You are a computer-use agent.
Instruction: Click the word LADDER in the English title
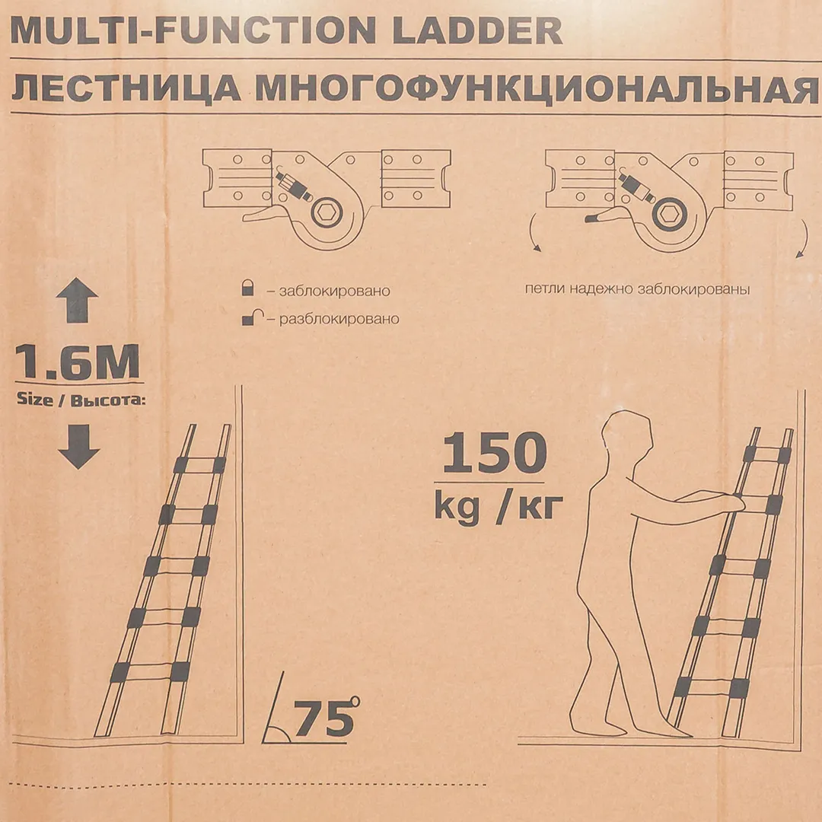pos(477,31)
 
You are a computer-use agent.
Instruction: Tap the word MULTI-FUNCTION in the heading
pos(193,31)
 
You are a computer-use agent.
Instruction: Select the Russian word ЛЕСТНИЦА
pos(126,89)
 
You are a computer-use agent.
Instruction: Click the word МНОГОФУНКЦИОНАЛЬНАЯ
pos(537,89)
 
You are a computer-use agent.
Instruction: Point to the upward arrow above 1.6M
pos(77,300)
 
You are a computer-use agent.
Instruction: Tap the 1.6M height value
pos(77,362)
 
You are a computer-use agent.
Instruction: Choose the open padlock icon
pos(251,317)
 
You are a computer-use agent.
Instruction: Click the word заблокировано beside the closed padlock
pos(334,291)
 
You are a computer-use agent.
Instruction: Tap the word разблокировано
pos(339,319)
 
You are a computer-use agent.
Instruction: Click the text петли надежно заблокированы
pos(638,289)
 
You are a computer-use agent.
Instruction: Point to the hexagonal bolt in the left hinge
pos(327,213)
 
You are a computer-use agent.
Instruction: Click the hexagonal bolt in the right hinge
pos(669,213)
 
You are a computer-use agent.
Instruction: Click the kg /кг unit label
pos(499,506)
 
